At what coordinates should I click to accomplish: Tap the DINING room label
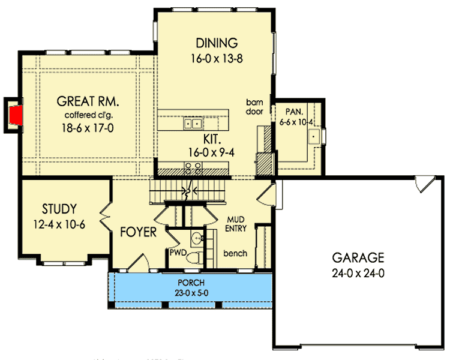point(217,43)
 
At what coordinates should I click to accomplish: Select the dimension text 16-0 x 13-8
point(217,59)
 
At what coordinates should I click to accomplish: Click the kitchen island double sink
point(193,124)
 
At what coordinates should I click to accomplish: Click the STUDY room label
point(59,209)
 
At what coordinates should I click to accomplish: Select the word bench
point(235,253)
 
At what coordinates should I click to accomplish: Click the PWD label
point(178,253)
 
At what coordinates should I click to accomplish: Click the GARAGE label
point(358,258)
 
